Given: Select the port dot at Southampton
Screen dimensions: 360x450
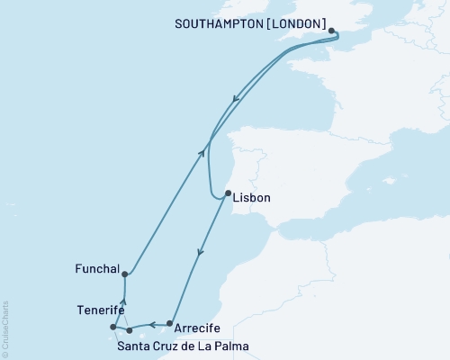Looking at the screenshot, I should tap(332, 31).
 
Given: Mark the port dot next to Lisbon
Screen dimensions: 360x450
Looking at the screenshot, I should tap(228, 193).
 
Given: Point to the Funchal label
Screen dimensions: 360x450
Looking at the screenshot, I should tap(97, 268).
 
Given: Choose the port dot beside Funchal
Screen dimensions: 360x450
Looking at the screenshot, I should tap(125, 274).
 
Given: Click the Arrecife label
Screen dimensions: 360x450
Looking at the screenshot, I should tap(201, 329).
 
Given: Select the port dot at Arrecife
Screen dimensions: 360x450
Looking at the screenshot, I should tap(170, 322).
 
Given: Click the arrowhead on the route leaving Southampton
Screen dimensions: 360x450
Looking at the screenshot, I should tap(236, 100).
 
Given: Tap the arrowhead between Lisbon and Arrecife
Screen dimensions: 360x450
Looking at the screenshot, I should tap(201, 253).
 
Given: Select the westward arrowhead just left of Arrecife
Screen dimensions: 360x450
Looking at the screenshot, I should tap(152, 323).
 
